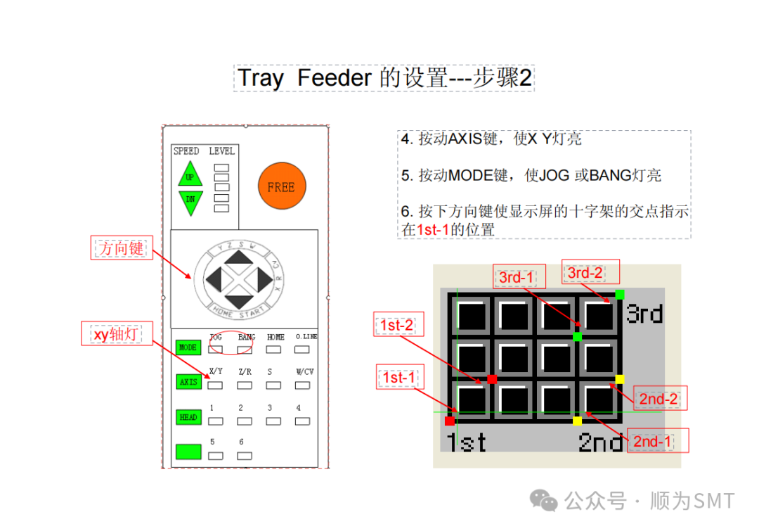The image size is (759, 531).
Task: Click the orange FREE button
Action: point(281,187)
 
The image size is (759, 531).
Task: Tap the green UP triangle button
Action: point(190,176)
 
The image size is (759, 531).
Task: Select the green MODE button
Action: point(188,347)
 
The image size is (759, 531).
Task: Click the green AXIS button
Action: point(188,381)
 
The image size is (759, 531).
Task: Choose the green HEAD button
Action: point(188,417)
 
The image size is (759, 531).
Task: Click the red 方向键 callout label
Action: point(122,248)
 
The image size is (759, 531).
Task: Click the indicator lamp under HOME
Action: point(273,349)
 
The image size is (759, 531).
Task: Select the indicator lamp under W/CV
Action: point(303,385)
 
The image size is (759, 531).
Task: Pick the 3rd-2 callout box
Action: point(585,272)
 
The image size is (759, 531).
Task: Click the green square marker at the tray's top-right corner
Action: point(619,294)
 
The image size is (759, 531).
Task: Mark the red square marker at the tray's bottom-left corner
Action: point(450,421)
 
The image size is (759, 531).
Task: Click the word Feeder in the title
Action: point(334,78)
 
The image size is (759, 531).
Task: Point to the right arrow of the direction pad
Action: point(264,280)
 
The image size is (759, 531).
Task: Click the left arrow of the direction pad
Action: point(214,280)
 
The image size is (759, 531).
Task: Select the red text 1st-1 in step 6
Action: point(433,229)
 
